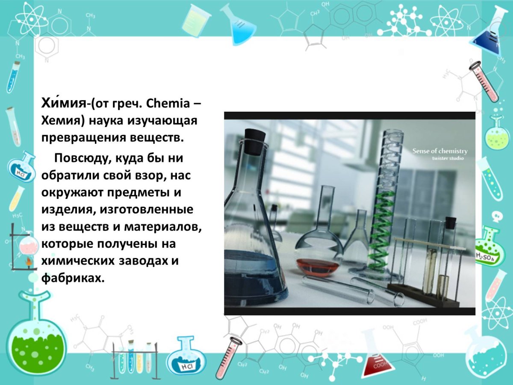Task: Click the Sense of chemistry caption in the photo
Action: click(439, 151)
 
